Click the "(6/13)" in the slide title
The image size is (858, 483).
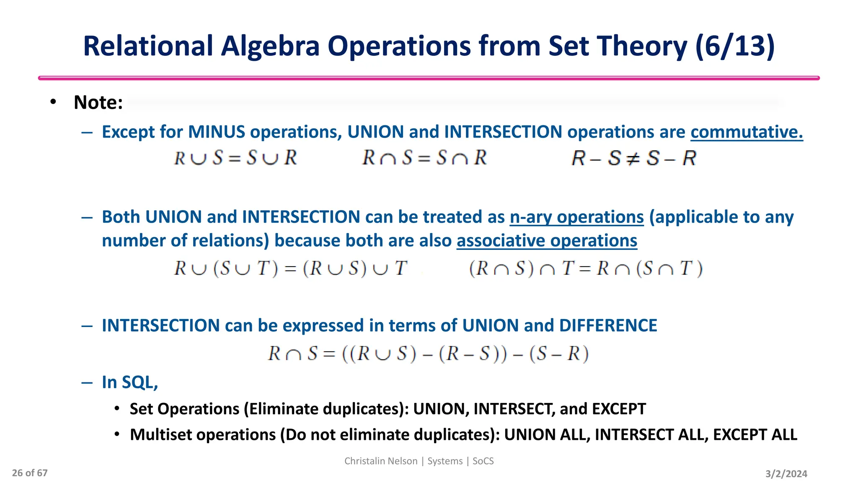[735, 46]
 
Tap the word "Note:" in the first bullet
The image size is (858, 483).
[98, 103]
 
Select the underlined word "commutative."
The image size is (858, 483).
[747, 132]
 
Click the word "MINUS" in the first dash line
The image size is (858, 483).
[216, 132]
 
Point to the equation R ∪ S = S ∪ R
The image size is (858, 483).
[235, 158]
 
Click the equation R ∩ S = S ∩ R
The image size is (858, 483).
[424, 158]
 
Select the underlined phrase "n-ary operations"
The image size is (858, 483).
[576, 217]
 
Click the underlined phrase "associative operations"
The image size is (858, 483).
[547, 241]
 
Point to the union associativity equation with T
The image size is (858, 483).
[290, 268]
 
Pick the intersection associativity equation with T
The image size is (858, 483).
[586, 268]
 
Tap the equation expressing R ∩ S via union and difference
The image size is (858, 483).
[428, 354]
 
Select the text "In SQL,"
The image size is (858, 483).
[130, 382]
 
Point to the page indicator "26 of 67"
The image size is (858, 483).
[30, 473]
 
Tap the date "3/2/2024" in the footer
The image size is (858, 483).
[786, 474]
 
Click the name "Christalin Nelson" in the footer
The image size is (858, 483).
[381, 461]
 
